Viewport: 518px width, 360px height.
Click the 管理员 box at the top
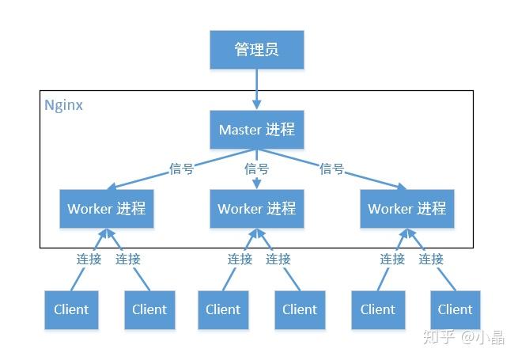click(256, 50)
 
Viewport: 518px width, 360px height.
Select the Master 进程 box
click(256, 129)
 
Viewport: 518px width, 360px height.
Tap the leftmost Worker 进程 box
click(106, 209)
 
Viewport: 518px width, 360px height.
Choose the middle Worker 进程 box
click(256, 209)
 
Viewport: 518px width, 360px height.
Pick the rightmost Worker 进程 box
click(406, 209)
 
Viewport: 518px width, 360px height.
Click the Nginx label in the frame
click(63, 104)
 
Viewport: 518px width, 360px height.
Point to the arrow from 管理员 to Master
click(256, 89)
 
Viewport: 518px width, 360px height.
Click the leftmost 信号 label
click(181, 169)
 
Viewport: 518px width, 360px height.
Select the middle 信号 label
click(256, 169)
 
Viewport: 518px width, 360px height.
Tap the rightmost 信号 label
click(331, 169)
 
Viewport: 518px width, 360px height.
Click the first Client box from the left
click(71, 309)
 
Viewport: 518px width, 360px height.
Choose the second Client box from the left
click(149, 309)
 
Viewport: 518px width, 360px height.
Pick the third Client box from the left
click(222, 309)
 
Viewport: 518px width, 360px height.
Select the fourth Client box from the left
click(300, 309)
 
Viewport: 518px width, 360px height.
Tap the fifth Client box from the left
click(378, 309)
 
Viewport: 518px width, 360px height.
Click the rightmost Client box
click(455, 309)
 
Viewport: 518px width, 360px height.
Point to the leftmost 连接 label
click(89, 259)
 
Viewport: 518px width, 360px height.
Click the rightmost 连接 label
click(431, 259)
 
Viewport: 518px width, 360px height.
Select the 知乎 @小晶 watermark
click(463, 338)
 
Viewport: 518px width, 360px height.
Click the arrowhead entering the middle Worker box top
click(256, 185)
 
